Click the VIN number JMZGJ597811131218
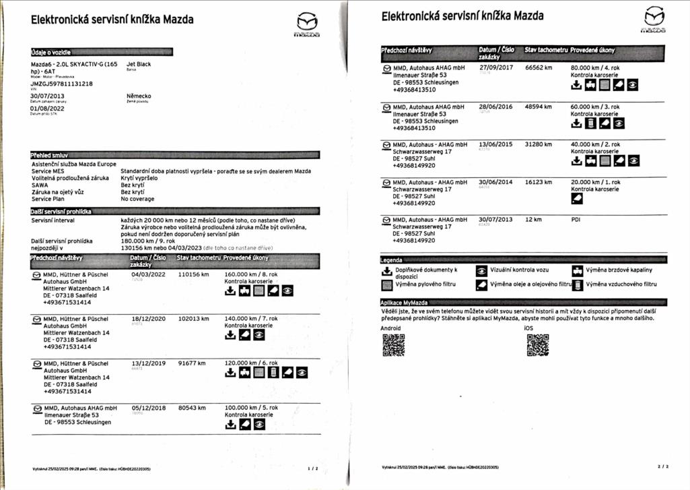pos(62,84)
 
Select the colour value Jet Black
pos(139,65)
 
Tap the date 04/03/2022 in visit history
pos(148,274)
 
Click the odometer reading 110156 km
pos(193,274)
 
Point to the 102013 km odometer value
pos(193,319)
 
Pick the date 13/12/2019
pos(148,363)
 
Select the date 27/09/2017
pos(496,67)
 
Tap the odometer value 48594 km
pos(539,106)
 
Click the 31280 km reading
pos(539,144)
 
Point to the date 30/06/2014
pos(495,182)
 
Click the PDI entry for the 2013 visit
pos(576,220)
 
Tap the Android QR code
pos(394,345)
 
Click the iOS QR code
pos(537,345)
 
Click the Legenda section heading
pos(392,260)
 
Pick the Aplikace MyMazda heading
pos(406,303)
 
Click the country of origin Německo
pos(139,96)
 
